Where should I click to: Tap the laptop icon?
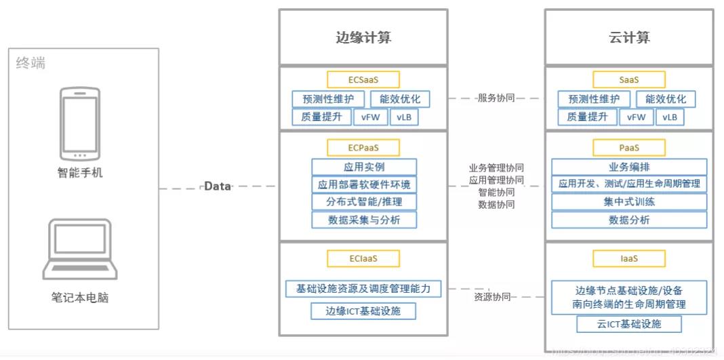pyautogui.click(x=80, y=249)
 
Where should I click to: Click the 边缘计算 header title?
pyautogui.click(x=363, y=38)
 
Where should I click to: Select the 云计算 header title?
pyautogui.click(x=629, y=38)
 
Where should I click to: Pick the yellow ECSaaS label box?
pyautogui.click(x=363, y=79)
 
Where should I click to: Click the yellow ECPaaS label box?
pyautogui.click(x=363, y=147)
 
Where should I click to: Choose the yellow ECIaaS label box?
pyautogui.click(x=363, y=258)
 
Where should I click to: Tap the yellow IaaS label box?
pyautogui.click(x=629, y=258)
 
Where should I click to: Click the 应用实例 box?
pyautogui.click(x=364, y=167)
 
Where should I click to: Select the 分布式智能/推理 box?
pyautogui.click(x=364, y=201)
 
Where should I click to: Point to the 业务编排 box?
pyautogui.click(x=629, y=167)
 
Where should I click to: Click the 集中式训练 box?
pyautogui.click(x=629, y=201)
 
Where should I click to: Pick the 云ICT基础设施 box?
pyautogui.click(x=629, y=324)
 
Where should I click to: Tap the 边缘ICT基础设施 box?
pyautogui.click(x=363, y=311)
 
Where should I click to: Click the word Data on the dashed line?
pyautogui.click(x=218, y=186)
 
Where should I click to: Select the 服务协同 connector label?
pyautogui.click(x=496, y=98)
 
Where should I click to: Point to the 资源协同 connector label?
pyautogui.click(x=492, y=297)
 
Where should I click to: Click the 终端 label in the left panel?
pyautogui.click(x=31, y=64)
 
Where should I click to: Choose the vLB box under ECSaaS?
pyautogui.click(x=404, y=117)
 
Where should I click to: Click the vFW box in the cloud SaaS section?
pyautogui.click(x=637, y=117)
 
